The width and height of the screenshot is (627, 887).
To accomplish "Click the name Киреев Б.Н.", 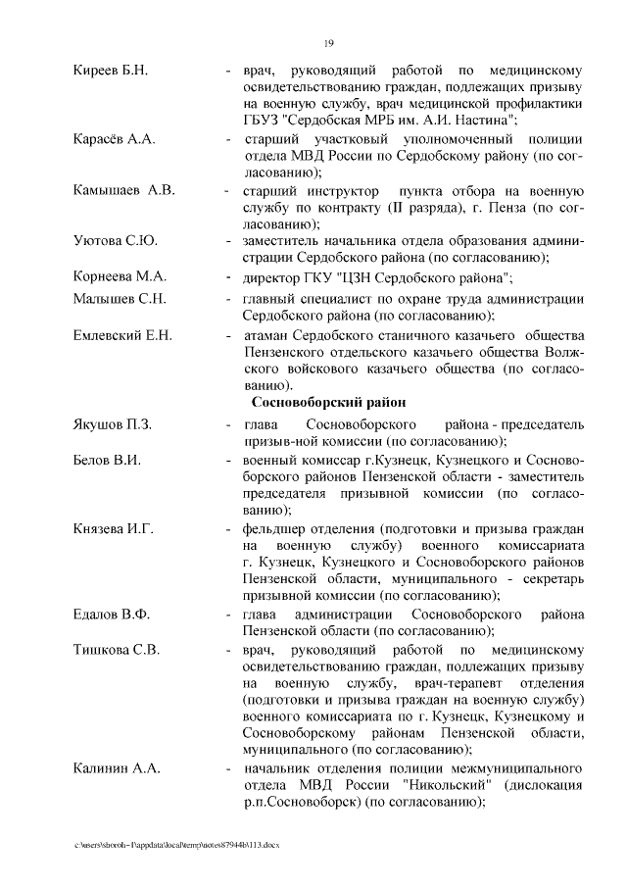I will point(110,72).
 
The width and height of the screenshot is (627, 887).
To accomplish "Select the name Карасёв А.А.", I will point(115,139).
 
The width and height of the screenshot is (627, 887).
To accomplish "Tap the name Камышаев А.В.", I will point(123,190).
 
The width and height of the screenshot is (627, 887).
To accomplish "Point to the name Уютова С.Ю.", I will point(116,241).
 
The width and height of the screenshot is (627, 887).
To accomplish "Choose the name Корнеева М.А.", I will point(120,275).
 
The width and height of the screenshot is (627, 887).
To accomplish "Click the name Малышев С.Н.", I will point(120,299).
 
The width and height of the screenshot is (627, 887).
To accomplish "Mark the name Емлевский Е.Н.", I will point(123,335).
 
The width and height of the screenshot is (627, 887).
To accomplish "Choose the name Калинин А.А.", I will point(117,768).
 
